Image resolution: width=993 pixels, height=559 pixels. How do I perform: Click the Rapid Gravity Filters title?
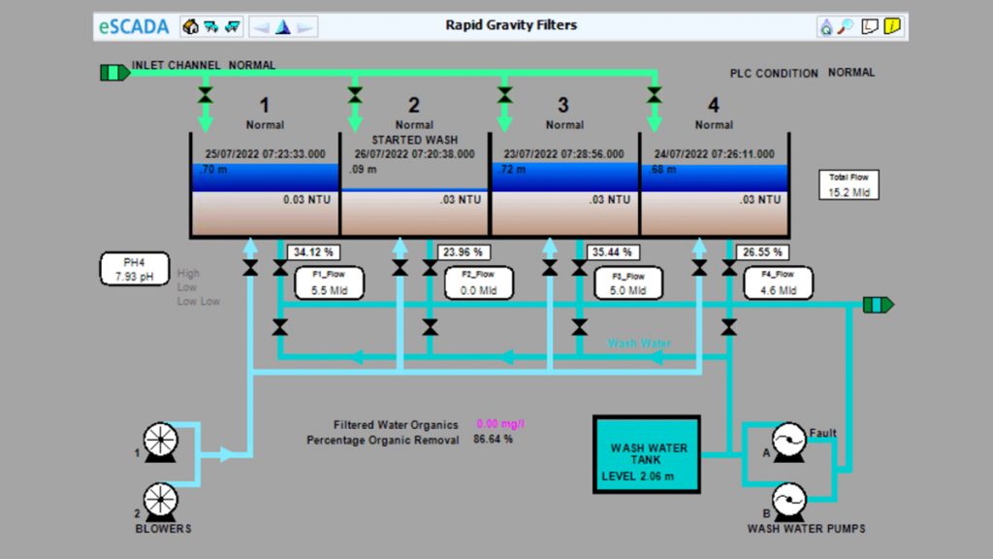(511, 25)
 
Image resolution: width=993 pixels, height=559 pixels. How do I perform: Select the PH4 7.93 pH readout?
(135, 269)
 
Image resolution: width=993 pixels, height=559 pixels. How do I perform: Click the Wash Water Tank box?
(648, 454)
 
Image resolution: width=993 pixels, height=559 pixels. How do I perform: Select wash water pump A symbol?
(786, 442)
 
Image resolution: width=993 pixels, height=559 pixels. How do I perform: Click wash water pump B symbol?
(787, 501)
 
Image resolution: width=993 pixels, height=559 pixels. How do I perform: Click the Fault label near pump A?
(822, 434)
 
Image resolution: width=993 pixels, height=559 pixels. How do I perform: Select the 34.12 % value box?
(312, 252)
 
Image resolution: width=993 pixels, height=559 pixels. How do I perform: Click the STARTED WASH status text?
(414, 140)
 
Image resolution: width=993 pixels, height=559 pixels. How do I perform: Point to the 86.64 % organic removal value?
(493, 440)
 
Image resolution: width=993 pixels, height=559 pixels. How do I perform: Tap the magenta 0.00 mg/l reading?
(500, 424)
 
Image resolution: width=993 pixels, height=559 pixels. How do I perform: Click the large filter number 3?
(563, 105)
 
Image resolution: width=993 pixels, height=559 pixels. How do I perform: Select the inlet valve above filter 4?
(655, 95)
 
